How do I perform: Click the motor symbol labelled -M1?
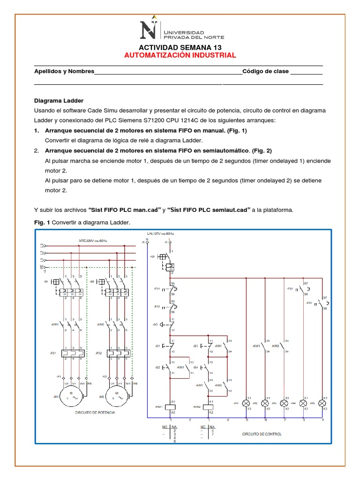[71, 396]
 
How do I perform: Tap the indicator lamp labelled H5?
[322, 403]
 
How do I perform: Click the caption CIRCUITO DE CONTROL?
[262, 434]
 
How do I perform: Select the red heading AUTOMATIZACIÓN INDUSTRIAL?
[180, 55]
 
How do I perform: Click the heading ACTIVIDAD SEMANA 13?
[180, 48]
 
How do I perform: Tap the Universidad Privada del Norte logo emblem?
[150, 29]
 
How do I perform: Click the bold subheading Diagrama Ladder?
[59, 101]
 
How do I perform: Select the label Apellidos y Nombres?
[64, 71]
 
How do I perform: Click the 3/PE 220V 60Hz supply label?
[93, 241]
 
